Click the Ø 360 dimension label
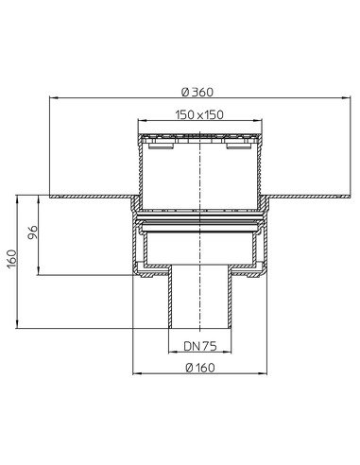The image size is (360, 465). (197, 92)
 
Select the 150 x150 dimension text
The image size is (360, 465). (199, 114)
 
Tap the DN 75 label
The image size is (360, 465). (200, 347)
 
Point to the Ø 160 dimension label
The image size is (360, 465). (200, 368)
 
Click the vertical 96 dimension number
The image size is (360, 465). (33, 232)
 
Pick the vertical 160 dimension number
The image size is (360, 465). (11, 259)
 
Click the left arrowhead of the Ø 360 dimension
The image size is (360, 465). (54, 98)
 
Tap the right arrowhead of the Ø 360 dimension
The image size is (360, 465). (346, 98)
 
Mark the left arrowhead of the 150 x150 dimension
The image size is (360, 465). (143, 121)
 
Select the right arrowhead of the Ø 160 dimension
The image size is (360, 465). (264, 374)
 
